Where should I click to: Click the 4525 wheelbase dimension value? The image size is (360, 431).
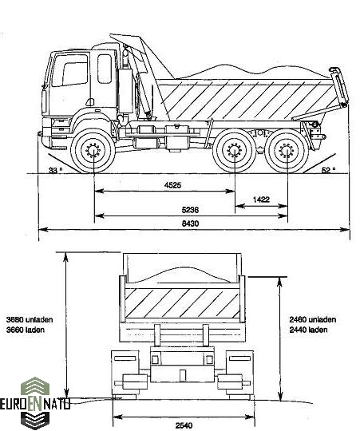(173, 185)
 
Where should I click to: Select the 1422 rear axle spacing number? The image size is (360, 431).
(261, 200)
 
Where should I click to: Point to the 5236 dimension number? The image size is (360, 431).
(190, 210)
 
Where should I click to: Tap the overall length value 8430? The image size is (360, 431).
(190, 223)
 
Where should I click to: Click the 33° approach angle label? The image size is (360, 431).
(55, 171)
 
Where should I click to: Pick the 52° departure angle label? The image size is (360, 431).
(328, 171)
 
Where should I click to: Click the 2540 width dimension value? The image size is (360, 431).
(184, 425)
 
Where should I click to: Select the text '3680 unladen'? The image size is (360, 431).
(30, 320)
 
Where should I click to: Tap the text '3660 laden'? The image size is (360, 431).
(26, 330)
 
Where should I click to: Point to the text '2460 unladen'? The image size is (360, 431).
(312, 320)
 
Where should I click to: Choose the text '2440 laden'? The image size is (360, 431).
(308, 330)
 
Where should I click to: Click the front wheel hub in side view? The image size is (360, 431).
(93, 151)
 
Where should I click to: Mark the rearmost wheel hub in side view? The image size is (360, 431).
(287, 151)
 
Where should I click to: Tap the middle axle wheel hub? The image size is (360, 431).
(235, 151)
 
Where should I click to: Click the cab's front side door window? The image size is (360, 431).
(70, 70)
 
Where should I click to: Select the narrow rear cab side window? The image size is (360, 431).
(105, 69)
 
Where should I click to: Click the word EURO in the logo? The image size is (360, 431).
(14, 405)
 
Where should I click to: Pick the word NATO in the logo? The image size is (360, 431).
(57, 405)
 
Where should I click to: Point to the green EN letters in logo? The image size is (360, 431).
(36, 405)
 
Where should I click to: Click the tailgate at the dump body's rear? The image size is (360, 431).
(339, 87)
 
